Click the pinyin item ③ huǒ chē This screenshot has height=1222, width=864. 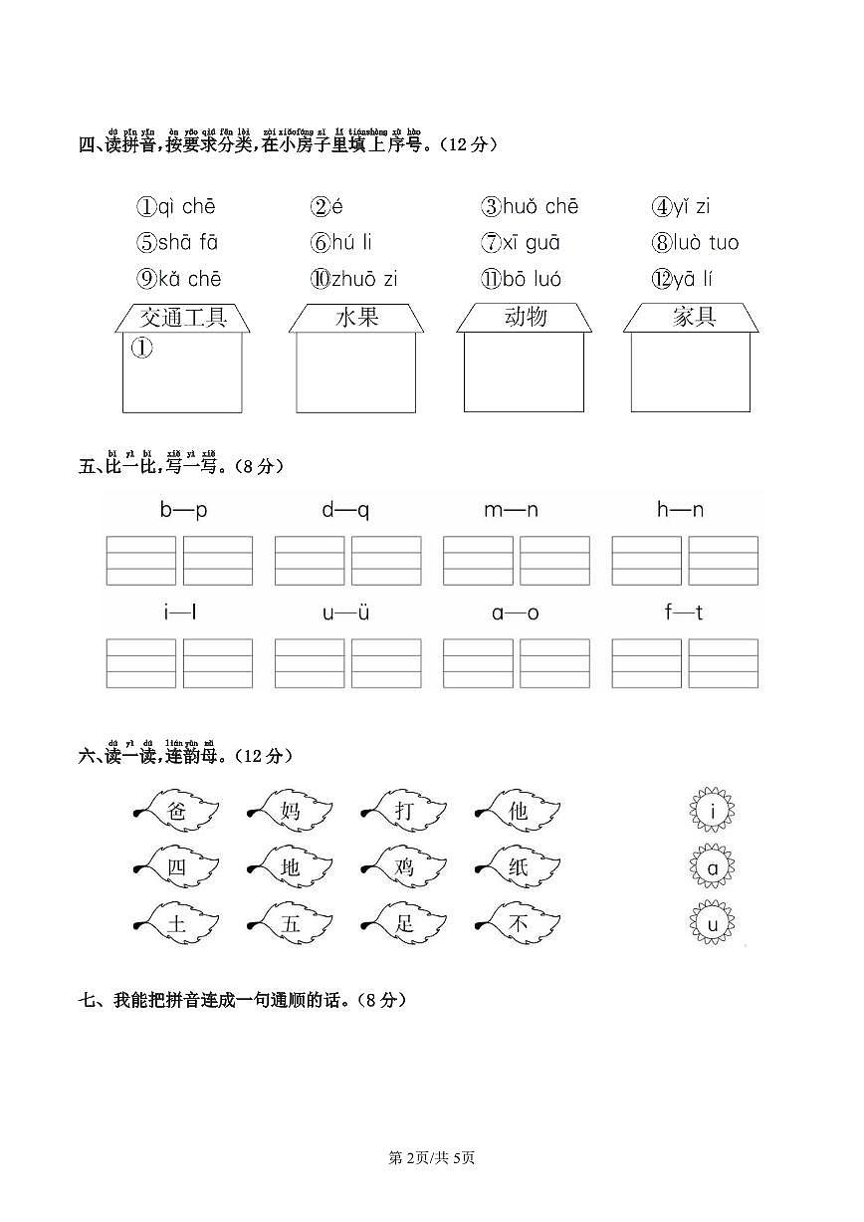pos(530,207)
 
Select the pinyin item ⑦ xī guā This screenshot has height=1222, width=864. pos(521,243)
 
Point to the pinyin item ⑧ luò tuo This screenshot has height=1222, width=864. pos(696,243)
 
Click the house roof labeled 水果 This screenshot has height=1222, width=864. pos(356,318)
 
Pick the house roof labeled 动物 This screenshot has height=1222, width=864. pos(525,318)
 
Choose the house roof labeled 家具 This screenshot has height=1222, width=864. pos(692,318)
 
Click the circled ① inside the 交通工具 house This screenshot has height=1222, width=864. pos(141,348)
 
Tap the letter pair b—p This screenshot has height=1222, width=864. pos(184,511)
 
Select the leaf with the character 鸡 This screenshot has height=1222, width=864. pos(405,867)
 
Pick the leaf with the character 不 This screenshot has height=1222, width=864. pos(520,924)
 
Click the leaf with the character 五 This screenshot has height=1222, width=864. pos(291,924)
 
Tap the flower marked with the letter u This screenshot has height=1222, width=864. pos(713,926)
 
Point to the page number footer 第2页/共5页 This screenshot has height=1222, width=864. pos(431,1157)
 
